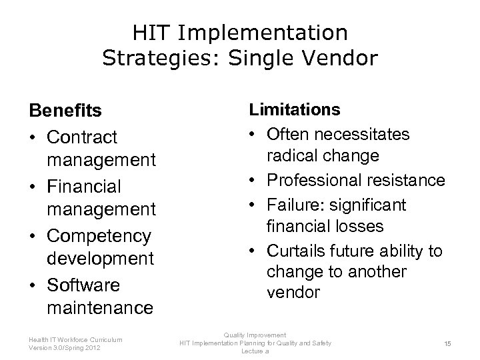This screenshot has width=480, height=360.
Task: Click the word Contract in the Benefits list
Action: pyautogui.click(x=82, y=137)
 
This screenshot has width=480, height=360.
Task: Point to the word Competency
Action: pyautogui.click(x=99, y=236)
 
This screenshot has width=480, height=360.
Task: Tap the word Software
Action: pyautogui.click(x=83, y=285)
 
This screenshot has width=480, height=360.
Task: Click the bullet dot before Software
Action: pyautogui.click(x=33, y=285)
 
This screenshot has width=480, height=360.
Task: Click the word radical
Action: pyautogui.click(x=290, y=157)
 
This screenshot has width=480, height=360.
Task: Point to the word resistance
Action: pyautogui.click(x=408, y=180)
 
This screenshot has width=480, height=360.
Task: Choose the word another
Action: pyautogui.click(x=374, y=273)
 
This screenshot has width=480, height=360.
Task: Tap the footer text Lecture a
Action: pyautogui.click(x=255, y=351)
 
